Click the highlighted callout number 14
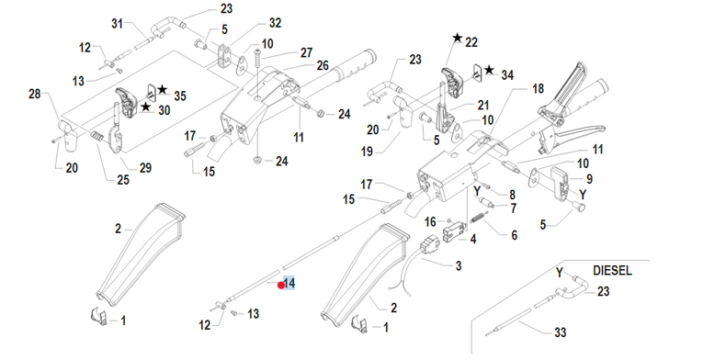pyautogui.click(x=289, y=283)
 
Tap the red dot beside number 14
pyautogui.click(x=281, y=285)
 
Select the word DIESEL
pyautogui.click(x=612, y=271)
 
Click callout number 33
pyautogui.click(x=561, y=332)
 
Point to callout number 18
pyautogui.click(x=538, y=89)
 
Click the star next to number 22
pyautogui.click(x=458, y=38)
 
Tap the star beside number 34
pyautogui.click(x=489, y=71)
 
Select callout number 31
pyautogui.click(x=117, y=23)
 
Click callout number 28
pyautogui.click(x=35, y=94)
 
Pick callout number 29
pyautogui.click(x=145, y=168)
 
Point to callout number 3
pyautogui.click(x=459, y=265)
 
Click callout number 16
pyautogui.click(x=430, y=222)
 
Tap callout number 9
pyautogui.click(x=589, y=179)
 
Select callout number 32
pyautogui.click(x=275, y=23)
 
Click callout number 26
pyautogui.click(x=323, y=65)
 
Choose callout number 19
pyautogui.click(x=367, y=152)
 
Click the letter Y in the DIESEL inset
pyautogui.click(x=559, y=273)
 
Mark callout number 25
pyautogui.click(x=123, y=180)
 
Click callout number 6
pyautogui.click(x=515, y=235)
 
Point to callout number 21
pyautogui.click(x=482, y=105)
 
